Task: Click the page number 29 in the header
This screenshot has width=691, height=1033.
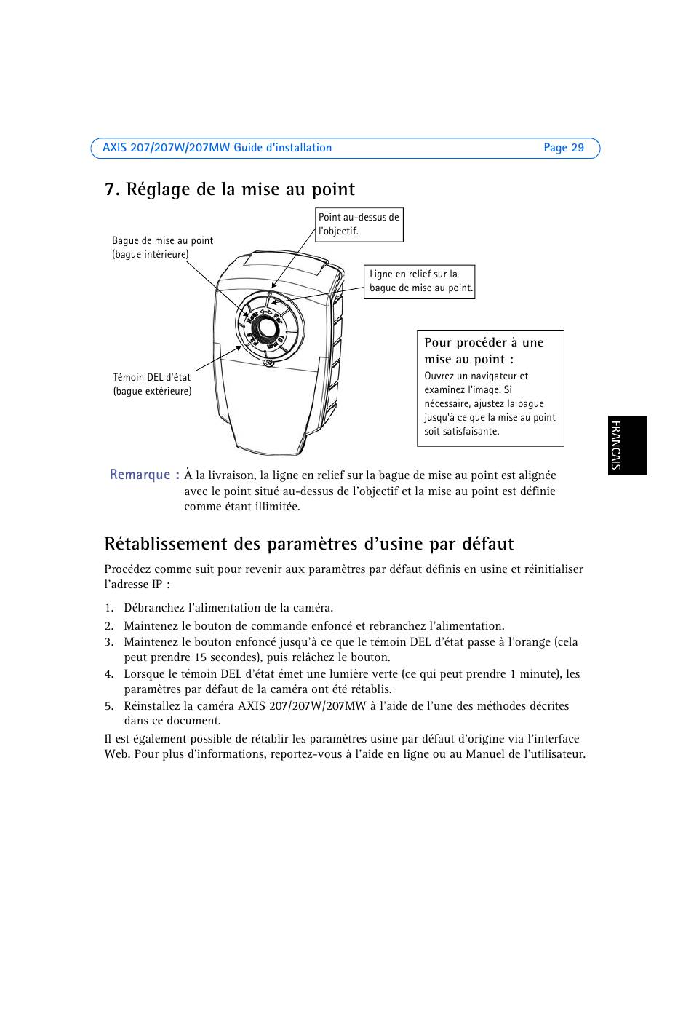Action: [x=578, y=148]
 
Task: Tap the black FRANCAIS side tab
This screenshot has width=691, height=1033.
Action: [x=628, y=446]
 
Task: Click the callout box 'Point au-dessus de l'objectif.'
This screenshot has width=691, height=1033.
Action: [x=359, y=225]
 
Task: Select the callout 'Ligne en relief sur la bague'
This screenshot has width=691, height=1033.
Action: [x=419, y=282]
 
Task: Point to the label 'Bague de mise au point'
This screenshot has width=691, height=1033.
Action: [x=163, y=240]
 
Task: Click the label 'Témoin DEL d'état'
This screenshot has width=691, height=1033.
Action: [x=152, y=377]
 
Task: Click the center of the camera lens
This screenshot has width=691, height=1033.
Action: [x=267, y=328]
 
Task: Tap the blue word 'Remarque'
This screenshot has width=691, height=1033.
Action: [x=140, y=475]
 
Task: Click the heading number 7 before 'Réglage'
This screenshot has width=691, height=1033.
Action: [x=110, y=189]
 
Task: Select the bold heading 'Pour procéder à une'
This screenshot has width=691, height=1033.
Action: [x=484, y=342]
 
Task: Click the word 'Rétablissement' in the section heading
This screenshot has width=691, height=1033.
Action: [x=166, y=544]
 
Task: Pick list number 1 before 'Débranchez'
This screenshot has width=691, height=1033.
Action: [x=108, y=608]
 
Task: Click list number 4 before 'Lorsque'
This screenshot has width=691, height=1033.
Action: [x=108, y=674]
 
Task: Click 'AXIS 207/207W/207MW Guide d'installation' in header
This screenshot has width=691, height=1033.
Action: [x=217, y=148]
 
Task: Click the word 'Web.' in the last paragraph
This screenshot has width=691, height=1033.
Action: [x=118, y=754]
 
